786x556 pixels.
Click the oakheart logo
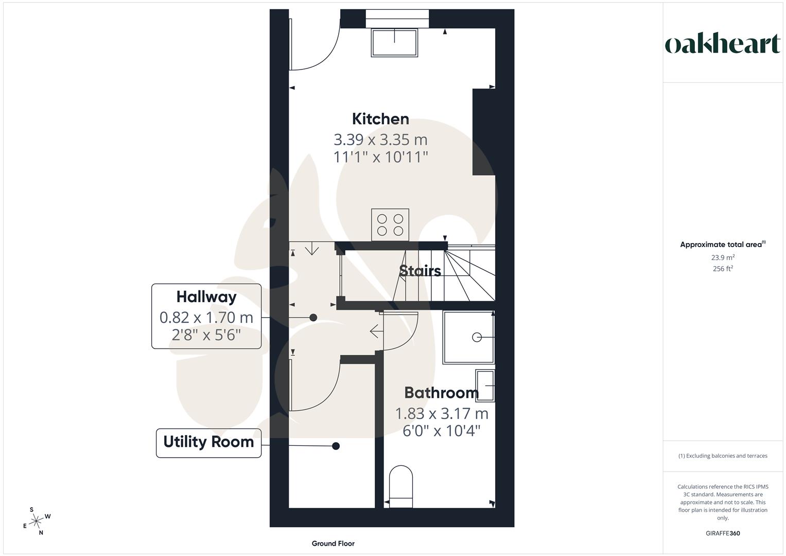[722, 44]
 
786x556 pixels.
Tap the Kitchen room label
[380, 119]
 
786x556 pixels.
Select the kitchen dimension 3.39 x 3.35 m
[380, 140]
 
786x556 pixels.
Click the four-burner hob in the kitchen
[390, 224]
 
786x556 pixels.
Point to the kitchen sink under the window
[394, 42]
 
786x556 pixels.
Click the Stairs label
[420, 271]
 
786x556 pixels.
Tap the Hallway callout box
[206, 316]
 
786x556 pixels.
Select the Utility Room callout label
[208, 442]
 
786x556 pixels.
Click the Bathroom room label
[441, 393]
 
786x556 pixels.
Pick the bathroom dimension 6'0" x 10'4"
[441, 431]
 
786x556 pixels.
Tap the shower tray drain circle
[477, 337]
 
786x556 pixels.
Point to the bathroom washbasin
[485, 386]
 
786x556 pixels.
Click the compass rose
[36, 522]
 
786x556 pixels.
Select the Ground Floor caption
[333, 544]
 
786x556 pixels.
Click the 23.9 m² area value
[723, 257]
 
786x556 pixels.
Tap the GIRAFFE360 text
[723, 533]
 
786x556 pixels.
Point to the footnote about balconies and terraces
[723, 456]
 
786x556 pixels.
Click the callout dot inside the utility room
[336, 446]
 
